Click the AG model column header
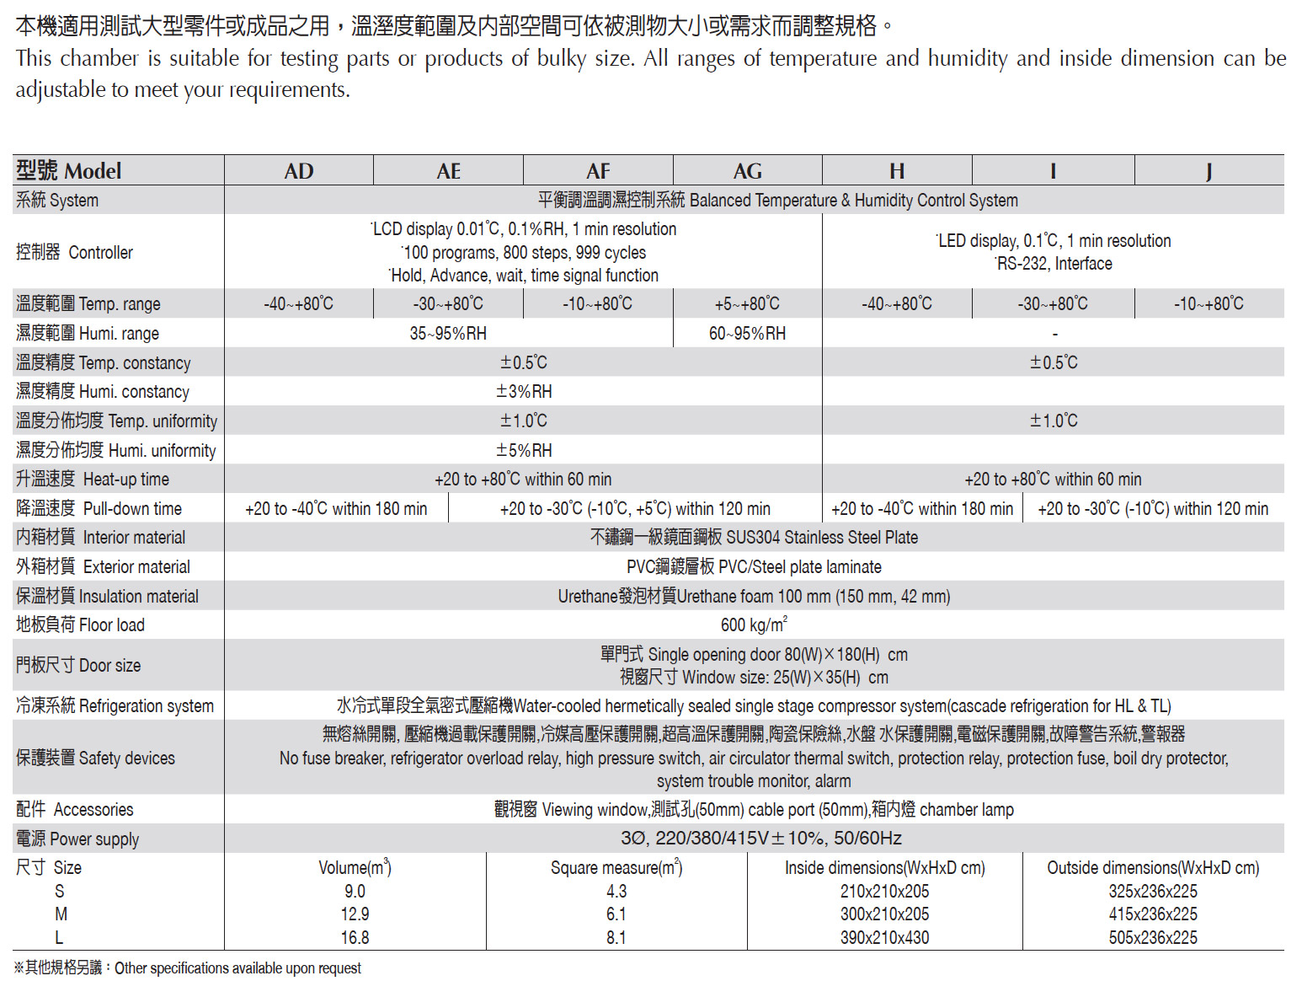coord(747,171)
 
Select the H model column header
coord(897,171)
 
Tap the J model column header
coord(1209,171)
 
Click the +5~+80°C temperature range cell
coord(747,303)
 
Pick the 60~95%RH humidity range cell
coord(747,333)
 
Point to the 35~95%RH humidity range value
coord(448,333)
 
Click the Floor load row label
coord(81,624)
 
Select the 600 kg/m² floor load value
coord(754,624)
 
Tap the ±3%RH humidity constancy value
coord(524,391)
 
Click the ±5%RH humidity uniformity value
coord(524,450)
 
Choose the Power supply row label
coord(77,839)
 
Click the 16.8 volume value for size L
coord(355,937)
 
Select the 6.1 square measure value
coord(616,914)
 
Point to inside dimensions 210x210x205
coord(884,891)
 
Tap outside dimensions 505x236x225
coord(1152,937)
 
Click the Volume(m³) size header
coord(355,867)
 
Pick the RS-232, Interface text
coord(1054,264)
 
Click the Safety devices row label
coord(95,758)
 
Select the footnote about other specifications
coord(188,968)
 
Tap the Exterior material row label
coord(103,566)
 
